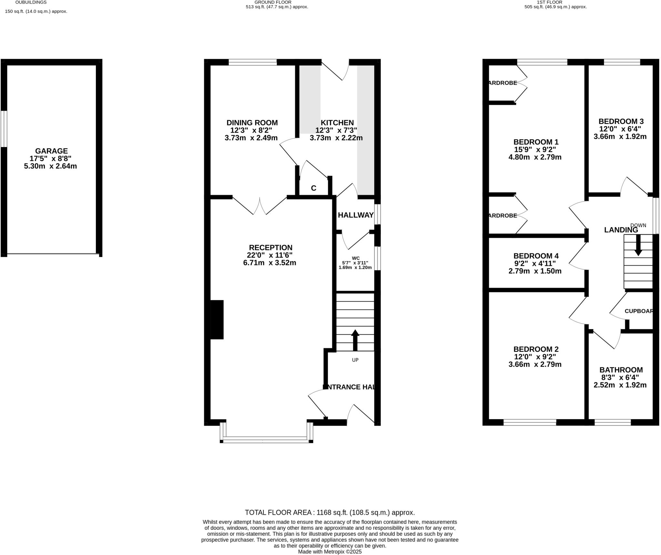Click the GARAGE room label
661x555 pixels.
pyautogui.click(x=51, y=151)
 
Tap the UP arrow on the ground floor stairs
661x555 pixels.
pyautogui.click(x=355, y=340)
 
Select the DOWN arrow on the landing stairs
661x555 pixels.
pyautogui.click(x=638, y=245)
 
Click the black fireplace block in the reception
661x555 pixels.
pyautogui.click(x=217, y=319)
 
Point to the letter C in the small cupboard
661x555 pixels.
pyautogui.click(x=313, y=188)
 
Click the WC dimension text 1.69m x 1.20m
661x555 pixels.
pyautogui.click(x=355, y=267)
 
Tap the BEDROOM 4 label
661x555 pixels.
pyautogui.click(x=536, y=256)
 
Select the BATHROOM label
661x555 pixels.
pyautogui.click(x=621, y=370)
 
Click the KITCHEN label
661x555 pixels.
pyautogui.click(x=337, y=123)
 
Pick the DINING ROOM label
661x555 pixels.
pyautogui.click(x=252, y=123)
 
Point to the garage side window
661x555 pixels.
pyautogui.click(x=4, y=129)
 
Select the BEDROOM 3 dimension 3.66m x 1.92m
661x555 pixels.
pyautogui.click(x=620, y=136)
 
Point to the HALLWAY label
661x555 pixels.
pyautogui.click(x=355, y=215)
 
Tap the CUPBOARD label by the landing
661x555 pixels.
pyautogui.click(x=639, y=311)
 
